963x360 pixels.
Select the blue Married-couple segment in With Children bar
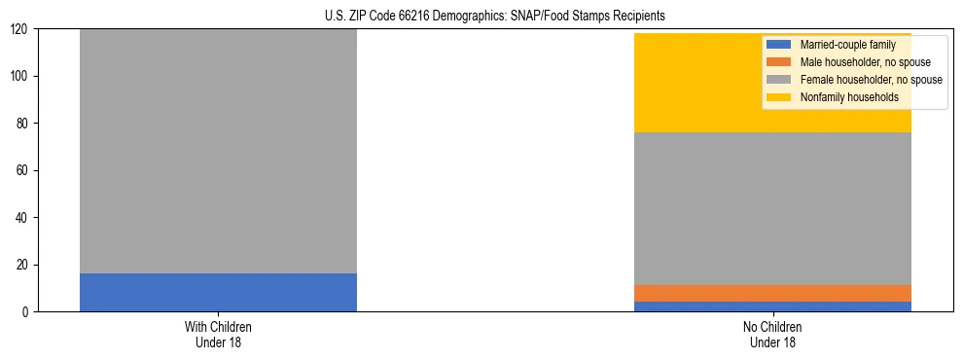click(218, 292)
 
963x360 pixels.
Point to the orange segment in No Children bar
click(772, 293)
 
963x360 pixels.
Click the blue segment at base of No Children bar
click(772, 306)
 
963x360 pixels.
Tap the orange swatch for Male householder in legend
click(779, 62)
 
